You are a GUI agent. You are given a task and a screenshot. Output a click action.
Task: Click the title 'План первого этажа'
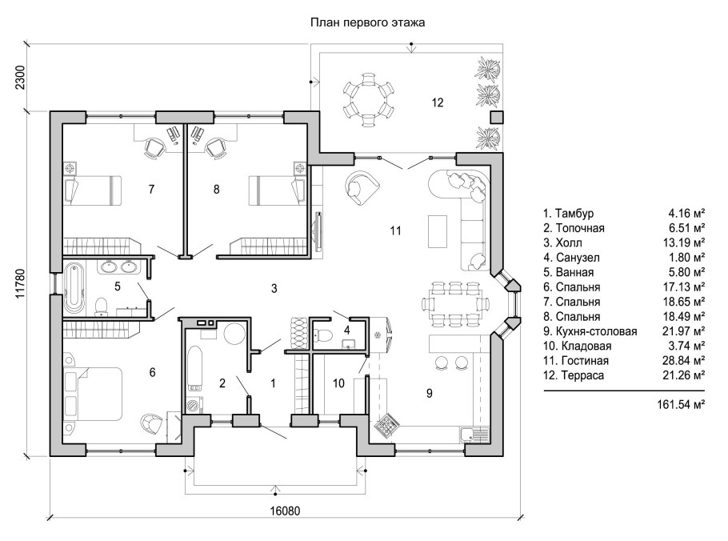367,23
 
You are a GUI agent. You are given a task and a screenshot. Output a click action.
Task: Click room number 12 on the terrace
437,102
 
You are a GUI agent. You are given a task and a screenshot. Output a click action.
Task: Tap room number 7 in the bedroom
150,189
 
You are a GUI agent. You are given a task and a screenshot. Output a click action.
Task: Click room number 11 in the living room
394,230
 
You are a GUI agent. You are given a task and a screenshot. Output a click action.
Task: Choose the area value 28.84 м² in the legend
686,360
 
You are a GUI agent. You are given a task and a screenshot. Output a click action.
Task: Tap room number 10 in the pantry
338,383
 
